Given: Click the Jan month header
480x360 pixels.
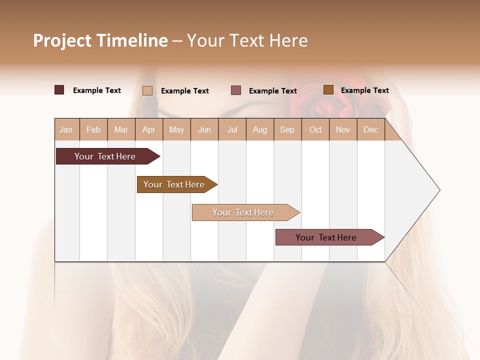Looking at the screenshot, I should (x=66, y=129).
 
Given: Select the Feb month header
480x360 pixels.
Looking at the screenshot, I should (x=93, y=129).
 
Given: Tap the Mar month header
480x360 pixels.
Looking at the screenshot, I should (x=121, y=129).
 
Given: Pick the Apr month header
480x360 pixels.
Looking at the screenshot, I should (x=149, y=129).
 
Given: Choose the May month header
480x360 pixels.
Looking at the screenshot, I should (x=176, y=129).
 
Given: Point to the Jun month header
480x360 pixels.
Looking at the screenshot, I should (x=204, y=129).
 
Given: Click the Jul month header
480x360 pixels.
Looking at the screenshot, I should (x=232, y=129).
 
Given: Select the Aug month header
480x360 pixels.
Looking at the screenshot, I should (x=260, y=129).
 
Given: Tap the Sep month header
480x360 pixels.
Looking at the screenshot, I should (x=287, y=129).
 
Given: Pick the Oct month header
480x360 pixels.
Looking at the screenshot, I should (x=315, y=129).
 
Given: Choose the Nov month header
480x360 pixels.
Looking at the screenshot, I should (x=343, y=129).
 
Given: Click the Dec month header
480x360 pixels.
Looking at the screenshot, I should (x=371, y=129).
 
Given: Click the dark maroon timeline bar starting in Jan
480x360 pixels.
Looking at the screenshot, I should (x=105, y=156).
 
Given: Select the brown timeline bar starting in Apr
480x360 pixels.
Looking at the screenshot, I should (x=174, y=184).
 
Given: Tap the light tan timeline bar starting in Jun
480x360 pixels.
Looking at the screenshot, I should (x=243, y=212).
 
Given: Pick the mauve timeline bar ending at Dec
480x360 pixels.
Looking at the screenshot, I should (x=326, y=237).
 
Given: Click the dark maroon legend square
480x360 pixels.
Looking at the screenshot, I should (x=59, y=90).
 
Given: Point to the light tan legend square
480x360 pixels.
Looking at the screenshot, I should (x=147, y=90).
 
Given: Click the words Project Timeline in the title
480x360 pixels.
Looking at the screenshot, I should (x=100, y=40).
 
